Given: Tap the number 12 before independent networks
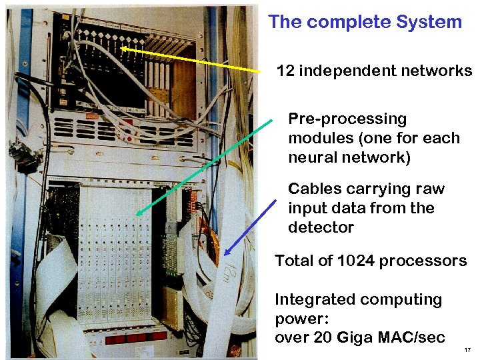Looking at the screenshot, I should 285,71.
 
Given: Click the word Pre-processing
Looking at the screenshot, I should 347,119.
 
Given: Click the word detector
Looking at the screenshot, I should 321,227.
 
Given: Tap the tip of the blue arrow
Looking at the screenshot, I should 225,256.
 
